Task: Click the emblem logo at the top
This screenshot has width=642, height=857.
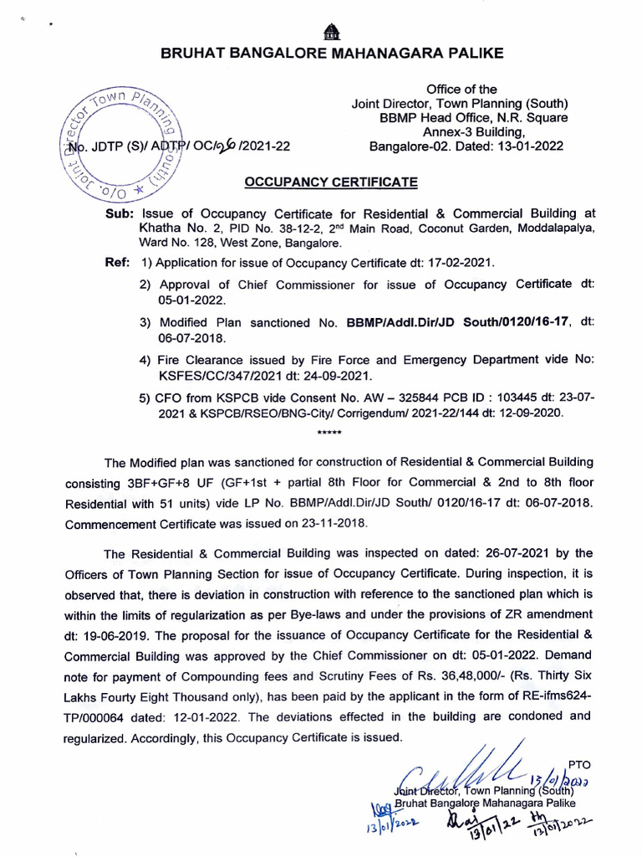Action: [x=332, y=31]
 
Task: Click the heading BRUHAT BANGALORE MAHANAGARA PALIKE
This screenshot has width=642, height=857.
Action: [x=332, y=54]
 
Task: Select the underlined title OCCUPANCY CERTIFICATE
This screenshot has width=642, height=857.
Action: [x=331, y=182]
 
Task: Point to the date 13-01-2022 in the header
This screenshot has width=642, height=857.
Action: [x=529, y=146]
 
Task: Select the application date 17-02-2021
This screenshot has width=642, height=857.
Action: [x=458, y=262]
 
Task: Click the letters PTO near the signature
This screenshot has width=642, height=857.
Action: [x=578, y=763]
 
